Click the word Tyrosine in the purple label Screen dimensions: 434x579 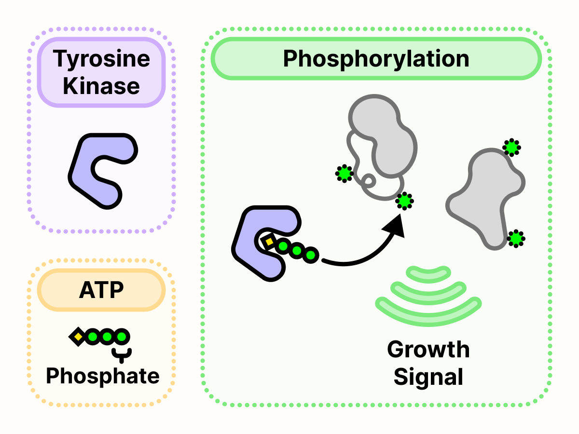[102, 59]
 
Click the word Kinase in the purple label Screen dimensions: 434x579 [102, 86]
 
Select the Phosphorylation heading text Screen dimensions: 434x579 [376, 59]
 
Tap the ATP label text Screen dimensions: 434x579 [101, 290]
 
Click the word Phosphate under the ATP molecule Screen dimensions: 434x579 [102, 376]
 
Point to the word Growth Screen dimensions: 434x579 [428, 350]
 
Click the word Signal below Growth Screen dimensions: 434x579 [428, 377]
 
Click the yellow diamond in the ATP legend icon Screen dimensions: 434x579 [77, 336]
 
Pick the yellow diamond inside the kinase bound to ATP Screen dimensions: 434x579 [269, 241]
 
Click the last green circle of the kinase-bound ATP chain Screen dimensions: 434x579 [311, 254]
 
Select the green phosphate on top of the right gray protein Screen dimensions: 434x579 [511, 147]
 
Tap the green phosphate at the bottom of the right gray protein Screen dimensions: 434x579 [516, 238]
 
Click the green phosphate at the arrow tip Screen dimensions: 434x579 [404, 201]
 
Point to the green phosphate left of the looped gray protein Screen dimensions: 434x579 [344, 174]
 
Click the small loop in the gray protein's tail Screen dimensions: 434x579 [369, 180]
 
